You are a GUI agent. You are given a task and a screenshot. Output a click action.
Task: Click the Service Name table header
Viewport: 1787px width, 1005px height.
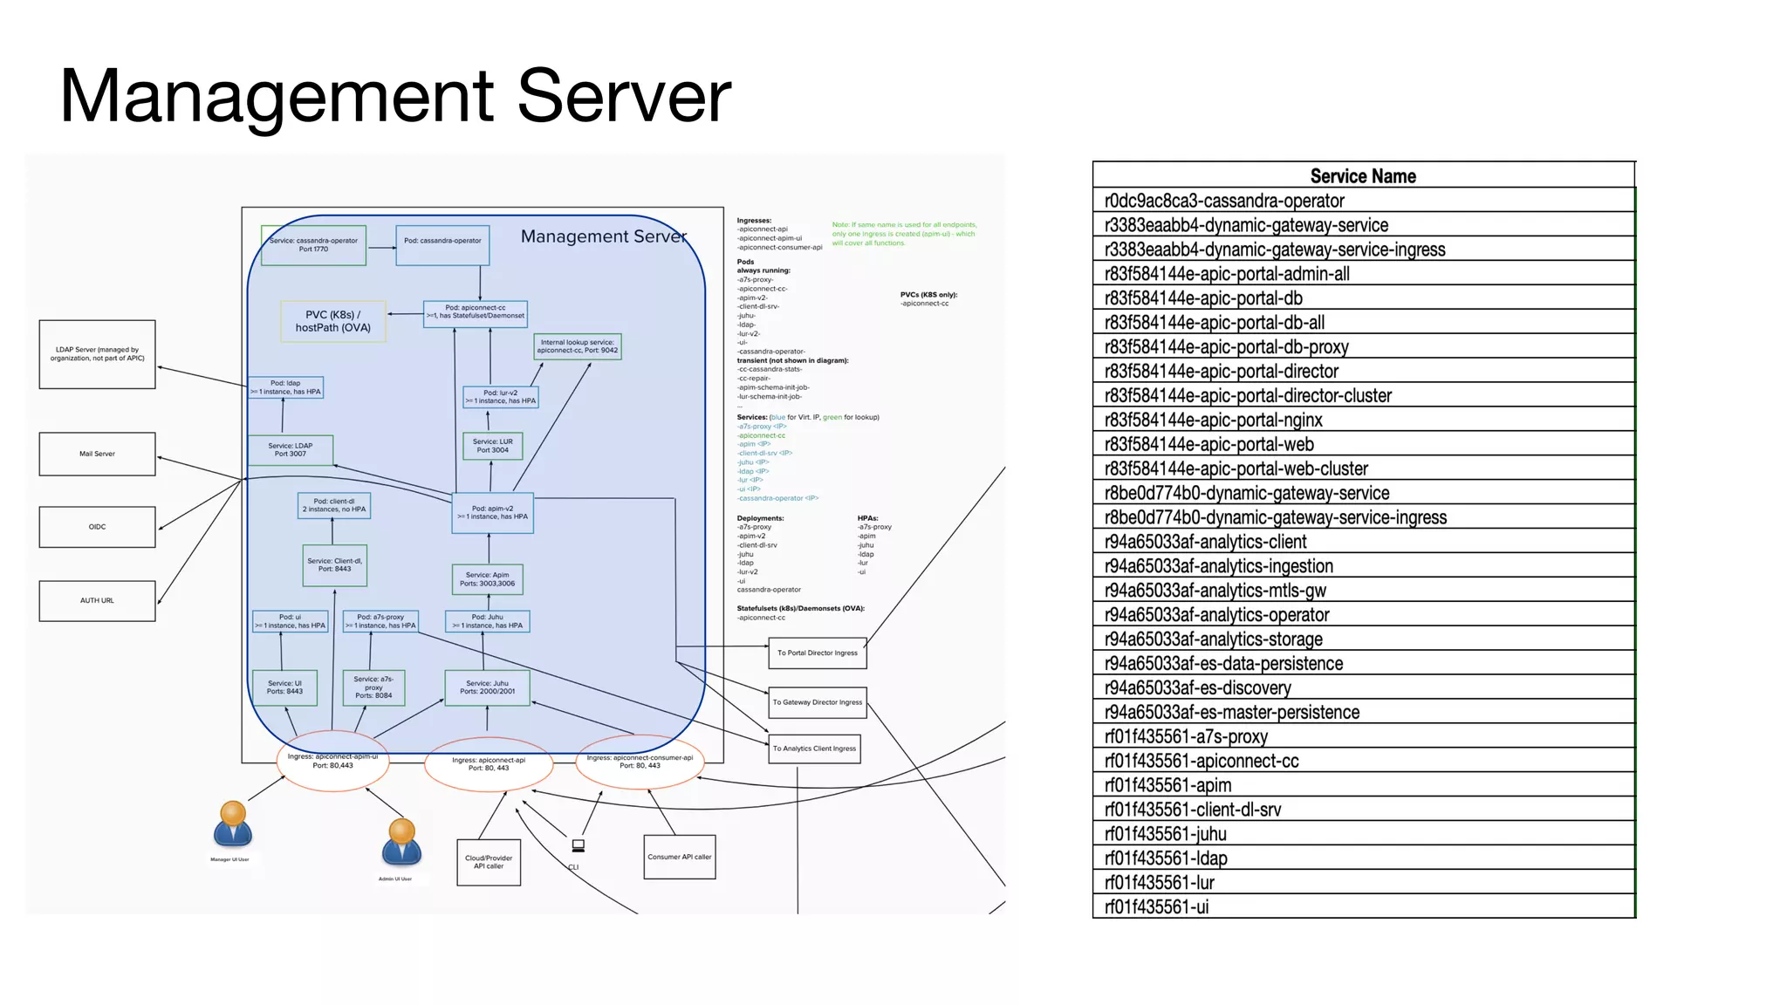(1363, 175)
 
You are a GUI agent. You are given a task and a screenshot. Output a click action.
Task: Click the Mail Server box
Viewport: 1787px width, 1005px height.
(97, 454)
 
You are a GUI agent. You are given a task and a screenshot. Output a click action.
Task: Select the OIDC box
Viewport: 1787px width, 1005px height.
(97, 527)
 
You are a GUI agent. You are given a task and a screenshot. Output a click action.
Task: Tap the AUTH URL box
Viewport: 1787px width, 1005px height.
(97, 600)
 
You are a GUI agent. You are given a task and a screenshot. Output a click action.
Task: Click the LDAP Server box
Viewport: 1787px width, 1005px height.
(97, 353)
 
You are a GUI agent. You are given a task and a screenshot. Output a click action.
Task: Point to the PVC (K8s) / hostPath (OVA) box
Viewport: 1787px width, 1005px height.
(332, 321)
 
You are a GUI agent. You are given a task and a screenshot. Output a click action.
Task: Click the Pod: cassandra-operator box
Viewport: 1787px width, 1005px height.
(442, 244)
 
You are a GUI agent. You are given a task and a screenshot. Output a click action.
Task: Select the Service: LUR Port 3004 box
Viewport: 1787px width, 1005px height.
(492, 446)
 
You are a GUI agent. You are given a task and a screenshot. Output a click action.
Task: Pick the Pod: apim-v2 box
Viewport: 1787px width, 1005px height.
(492, 512)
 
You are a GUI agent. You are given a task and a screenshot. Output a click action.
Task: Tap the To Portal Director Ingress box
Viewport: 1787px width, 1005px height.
(817, 653)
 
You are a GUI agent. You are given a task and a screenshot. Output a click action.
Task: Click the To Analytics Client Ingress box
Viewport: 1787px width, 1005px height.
(814, 749)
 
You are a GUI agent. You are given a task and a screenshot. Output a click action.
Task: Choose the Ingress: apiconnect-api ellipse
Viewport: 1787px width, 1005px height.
(489, 764)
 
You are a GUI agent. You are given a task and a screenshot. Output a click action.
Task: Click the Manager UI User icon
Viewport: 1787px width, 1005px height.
(232, 824)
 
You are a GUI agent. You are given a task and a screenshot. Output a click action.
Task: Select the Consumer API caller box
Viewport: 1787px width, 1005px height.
(679, 857)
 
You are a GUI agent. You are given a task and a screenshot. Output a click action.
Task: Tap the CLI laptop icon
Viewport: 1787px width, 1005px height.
(578, 845)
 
